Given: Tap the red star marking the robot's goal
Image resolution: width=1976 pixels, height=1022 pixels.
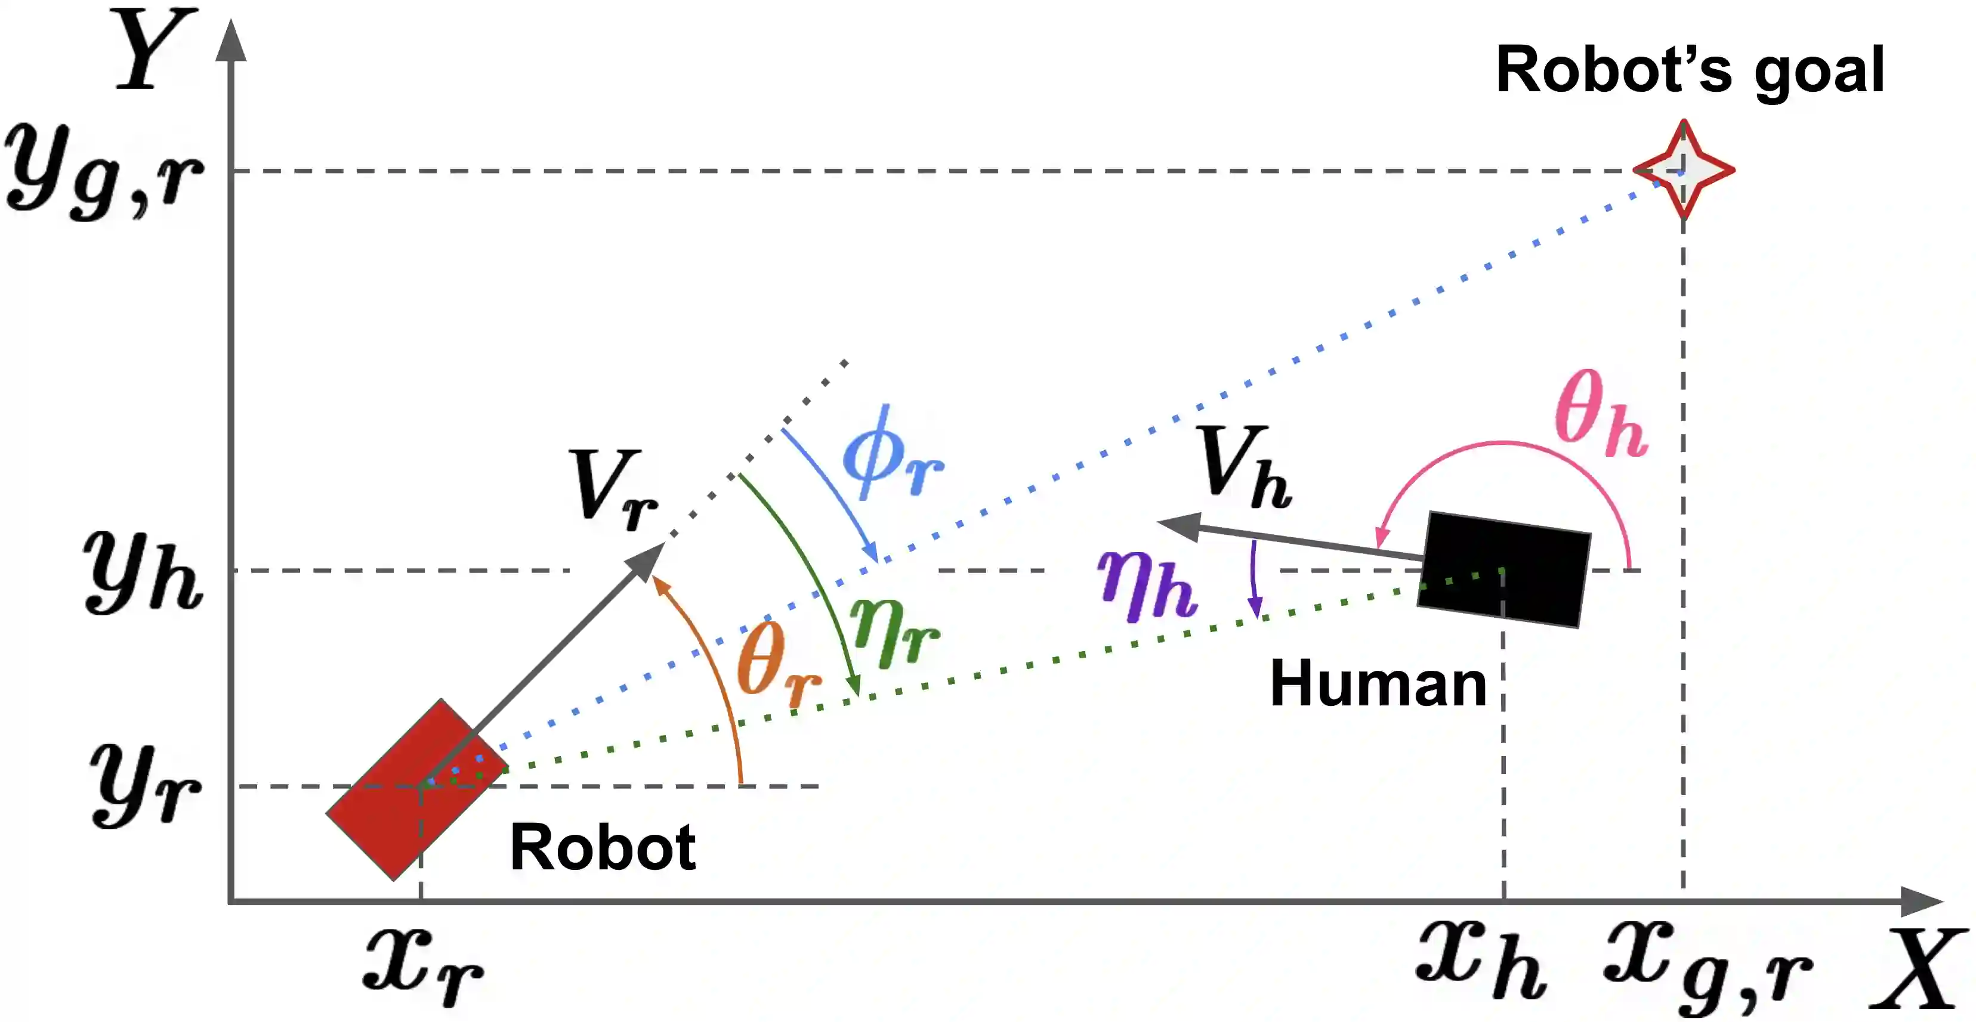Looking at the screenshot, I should coord(1683,170).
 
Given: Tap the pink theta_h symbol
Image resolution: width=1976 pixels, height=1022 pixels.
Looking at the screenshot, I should coord(1600,414).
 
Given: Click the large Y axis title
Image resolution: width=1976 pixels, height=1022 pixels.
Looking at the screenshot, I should coord(153,50).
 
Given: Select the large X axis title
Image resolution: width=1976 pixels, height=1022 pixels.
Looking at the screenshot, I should coord(1918,970).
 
